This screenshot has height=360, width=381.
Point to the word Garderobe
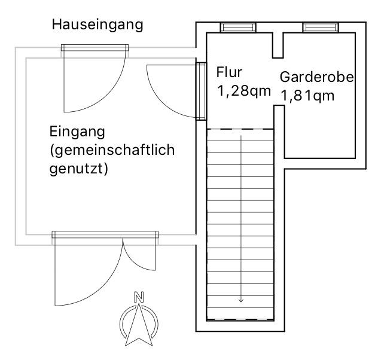(317, 78)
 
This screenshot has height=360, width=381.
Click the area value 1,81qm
(307, 96)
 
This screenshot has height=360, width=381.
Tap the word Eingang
(77, 131)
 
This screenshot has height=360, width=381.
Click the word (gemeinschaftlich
(112, 150)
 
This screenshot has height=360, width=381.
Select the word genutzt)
(77, 169)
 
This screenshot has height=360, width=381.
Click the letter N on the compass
(139, 296)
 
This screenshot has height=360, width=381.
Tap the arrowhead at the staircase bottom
(241, 300)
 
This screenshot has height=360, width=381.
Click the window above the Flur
(239, 27)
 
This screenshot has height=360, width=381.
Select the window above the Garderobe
(320, 27)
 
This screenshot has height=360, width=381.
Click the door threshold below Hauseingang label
(95, 48)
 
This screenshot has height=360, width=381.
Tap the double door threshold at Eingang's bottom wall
(105, 235)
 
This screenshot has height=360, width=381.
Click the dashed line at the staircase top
(240, 130)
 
